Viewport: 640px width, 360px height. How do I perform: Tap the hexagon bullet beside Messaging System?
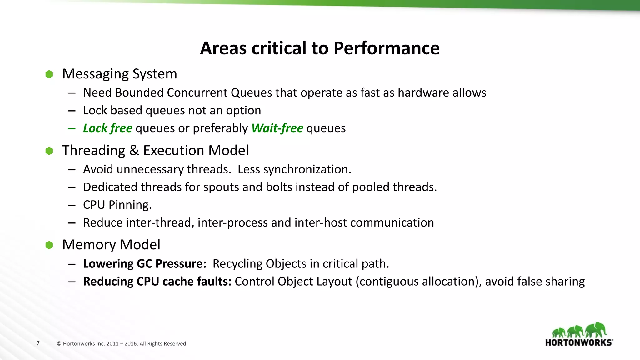(x=49, y=74)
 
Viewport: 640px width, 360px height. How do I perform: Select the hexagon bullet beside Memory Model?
(x=49, y=245)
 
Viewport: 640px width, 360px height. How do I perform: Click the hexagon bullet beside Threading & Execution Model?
(x=49, y=151)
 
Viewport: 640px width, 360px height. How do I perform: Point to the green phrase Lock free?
(x=107, y=128)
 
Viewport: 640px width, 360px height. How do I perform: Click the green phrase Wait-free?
(x=277, y=128)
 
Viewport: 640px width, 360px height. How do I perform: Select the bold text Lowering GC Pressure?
(x=144, y=264)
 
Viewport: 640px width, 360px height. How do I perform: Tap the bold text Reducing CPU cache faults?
(x=157, y=282)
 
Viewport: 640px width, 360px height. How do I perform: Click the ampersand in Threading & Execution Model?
(x=134, y=151)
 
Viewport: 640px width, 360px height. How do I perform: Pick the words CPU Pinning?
(x=117, y=205)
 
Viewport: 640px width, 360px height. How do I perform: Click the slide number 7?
(x=38, y=343)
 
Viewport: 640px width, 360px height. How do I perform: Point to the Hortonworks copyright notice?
(x=122, y=344)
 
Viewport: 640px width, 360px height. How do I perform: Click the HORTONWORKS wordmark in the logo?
(x=579, y=342)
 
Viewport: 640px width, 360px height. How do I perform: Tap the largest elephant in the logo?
(x=596, y=330)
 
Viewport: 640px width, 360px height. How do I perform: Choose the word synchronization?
(x=307, y=169)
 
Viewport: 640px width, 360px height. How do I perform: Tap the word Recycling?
(x=237, y=264)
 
